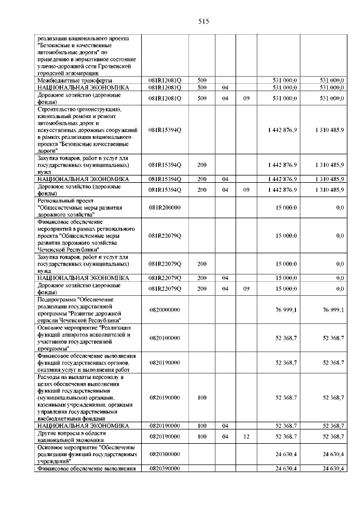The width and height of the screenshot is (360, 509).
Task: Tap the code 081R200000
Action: point(165,208)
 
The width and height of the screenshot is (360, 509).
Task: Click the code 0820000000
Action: point(165,310)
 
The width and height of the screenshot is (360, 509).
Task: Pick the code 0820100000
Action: point(165,338)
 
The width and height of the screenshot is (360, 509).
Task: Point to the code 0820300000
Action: point(165,452)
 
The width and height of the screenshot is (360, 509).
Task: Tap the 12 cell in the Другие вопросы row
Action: point(246,436)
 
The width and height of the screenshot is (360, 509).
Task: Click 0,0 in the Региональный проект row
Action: point(340,208)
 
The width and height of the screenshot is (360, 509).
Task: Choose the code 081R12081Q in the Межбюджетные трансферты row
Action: point(165,80)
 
